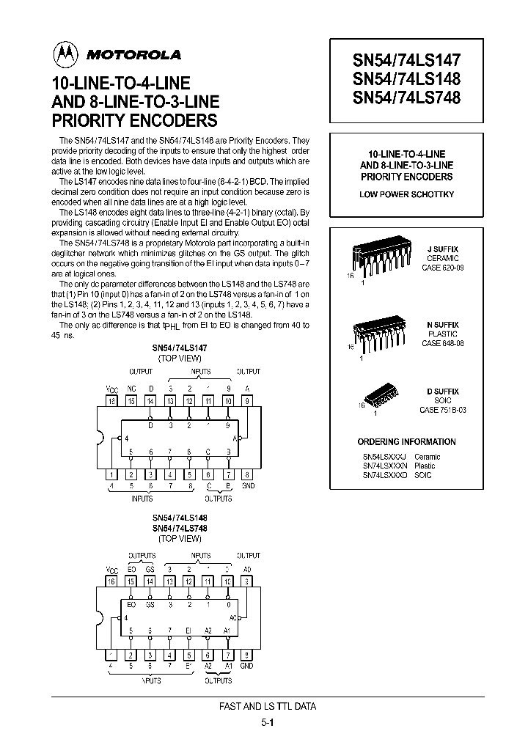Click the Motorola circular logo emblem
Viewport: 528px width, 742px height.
pos(65,54)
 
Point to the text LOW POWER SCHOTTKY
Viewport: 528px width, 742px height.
pos(407,194)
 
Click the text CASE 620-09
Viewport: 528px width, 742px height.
pos(442,268)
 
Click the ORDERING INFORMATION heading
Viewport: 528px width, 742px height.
pos(406,442)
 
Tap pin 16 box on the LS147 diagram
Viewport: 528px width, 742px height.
pos(112,401)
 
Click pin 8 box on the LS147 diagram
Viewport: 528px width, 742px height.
pos(246,474)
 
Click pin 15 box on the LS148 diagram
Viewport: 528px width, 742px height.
pos(131,581)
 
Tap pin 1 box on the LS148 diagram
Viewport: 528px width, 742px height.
pos(112,655)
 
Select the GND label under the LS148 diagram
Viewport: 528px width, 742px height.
pos(246,666)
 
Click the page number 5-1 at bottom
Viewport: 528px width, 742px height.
pos(267,721)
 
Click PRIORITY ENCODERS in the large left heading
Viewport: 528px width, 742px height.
pos(134,120)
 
